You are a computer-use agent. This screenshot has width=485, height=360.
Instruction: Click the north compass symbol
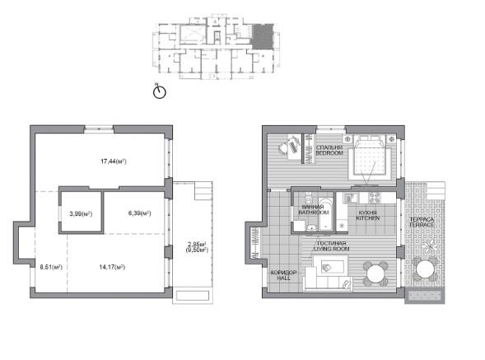pos(160,91)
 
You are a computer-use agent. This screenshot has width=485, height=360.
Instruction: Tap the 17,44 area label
pos(114,161)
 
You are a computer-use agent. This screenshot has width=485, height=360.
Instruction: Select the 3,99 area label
pos(81,213)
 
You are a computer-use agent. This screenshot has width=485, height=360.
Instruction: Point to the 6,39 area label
pos(139,213)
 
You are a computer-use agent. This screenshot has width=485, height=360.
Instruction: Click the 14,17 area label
pos(112,267)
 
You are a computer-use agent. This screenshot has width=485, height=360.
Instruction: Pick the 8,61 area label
pos(51,267)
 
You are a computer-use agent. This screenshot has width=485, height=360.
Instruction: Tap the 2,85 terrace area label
pos(197,244)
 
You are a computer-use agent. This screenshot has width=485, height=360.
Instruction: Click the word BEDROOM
pos(329,153)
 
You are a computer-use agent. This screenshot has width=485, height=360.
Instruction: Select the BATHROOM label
pos(313,213)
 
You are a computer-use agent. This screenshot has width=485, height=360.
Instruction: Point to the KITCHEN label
pos(368,218)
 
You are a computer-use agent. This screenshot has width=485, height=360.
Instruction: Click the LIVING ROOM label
pos(332,249)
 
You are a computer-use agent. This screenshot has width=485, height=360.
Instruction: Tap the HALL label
pos(283,278)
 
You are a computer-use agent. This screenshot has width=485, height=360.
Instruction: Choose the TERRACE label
pos(422,225)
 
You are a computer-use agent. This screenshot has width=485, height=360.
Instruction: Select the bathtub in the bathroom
pos(325,214)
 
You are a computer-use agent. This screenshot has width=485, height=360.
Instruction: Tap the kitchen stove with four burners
pos(374,198)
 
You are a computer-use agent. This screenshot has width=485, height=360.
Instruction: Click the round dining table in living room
pos(375,274)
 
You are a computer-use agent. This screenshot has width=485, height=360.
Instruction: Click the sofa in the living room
pos(328,278)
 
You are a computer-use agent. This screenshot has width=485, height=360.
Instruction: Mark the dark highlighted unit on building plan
pos(263,36)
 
